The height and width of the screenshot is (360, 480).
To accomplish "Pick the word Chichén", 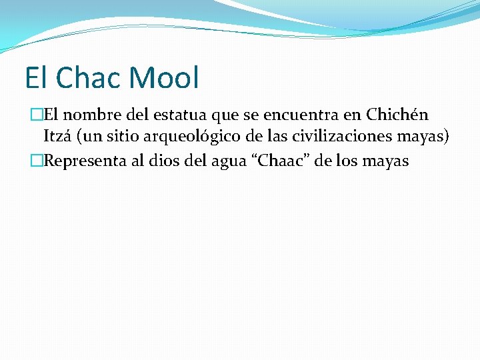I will (397, 115).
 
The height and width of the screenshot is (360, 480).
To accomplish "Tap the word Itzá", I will (57, 137).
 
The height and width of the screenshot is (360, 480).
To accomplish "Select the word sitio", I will (119, 137).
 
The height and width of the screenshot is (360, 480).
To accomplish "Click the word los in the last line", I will (347, 161).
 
